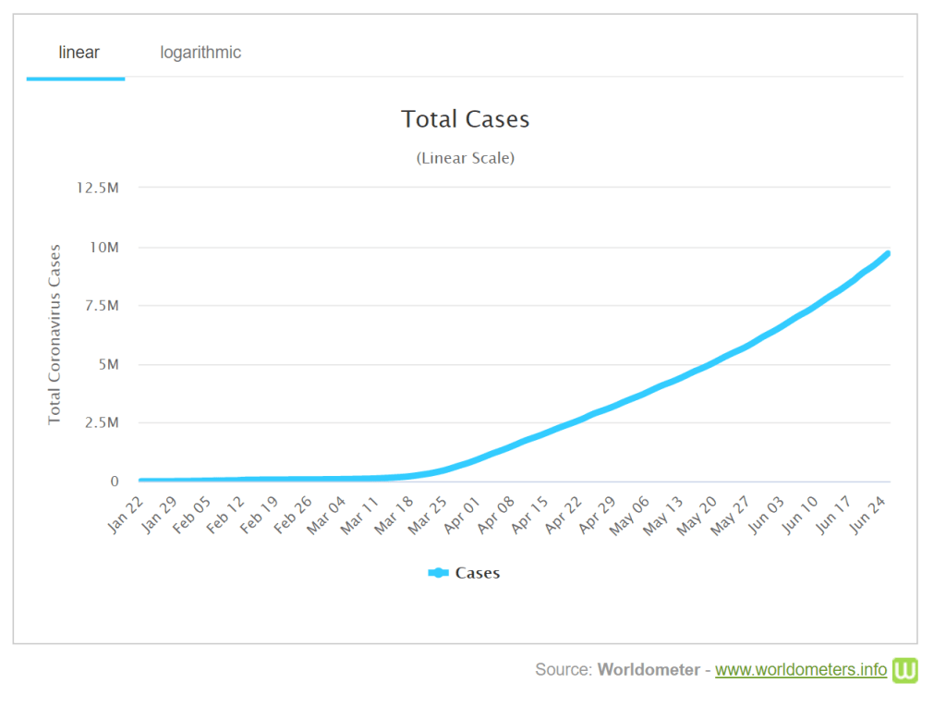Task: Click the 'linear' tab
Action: click(79, 53)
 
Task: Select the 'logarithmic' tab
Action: click(200, 53)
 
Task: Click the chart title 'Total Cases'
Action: click(465, 119)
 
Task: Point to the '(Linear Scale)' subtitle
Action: click(465, 158)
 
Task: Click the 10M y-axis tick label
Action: click(103, 247)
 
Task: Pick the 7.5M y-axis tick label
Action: click(102, 306)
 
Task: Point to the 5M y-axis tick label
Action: click(107, 364)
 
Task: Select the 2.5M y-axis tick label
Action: click(102, 423)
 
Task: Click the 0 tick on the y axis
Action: click(115, 481)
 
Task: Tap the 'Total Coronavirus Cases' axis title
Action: click(55, 335)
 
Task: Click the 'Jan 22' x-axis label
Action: click(128, 514)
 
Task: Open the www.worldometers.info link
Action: click(801, 670)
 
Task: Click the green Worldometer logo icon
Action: click(904, 670)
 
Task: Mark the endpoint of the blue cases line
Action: click(887, 253)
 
